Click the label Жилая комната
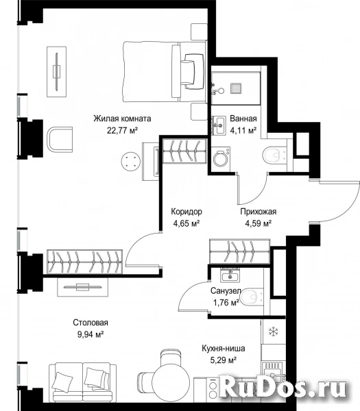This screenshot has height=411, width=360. click(122, 119)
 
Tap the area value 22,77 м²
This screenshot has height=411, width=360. click(122, 130)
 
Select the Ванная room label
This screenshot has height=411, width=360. click(243, 119)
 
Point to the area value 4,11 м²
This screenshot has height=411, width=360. click(243, 130)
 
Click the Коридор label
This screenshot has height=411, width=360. click(187, 211)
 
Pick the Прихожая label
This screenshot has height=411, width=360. click(259, 211)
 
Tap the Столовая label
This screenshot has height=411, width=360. click(91, 323)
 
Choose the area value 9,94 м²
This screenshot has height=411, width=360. click(91, 334)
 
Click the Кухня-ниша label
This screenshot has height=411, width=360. click(224, 349)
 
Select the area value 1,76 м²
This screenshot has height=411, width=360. click(226, 303)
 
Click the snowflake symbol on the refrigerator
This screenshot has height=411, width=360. click(273, 332)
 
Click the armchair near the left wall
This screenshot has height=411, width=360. click(60, 140)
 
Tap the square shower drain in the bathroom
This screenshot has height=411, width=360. click(236, 88)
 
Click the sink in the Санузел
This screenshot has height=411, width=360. click(230, 276)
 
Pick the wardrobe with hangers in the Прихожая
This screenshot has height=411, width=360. click(239, 251)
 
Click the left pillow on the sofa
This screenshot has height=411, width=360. click(62, 381)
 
